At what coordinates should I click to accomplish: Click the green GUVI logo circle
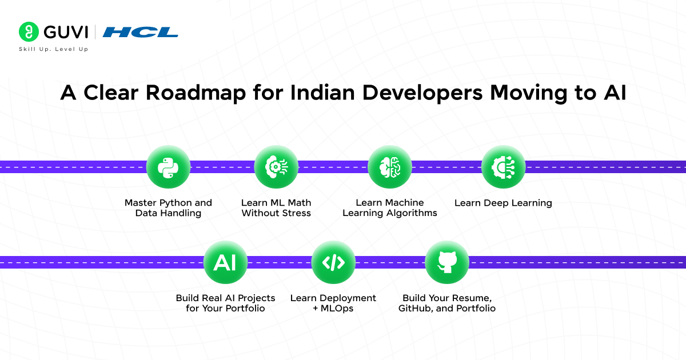pos(29,31)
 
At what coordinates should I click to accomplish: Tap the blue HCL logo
pos(140,32)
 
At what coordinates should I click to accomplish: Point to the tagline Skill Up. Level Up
pos(54,49)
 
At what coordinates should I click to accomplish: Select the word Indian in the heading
pos(322,93)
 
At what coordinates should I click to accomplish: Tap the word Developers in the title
pos(422,93)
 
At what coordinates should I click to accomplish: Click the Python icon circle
pos(168,167)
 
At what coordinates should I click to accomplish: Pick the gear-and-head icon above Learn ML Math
pos(276,167)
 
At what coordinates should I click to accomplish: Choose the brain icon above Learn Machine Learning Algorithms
pos(390,167)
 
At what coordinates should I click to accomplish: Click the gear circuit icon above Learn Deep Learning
pos(504,167)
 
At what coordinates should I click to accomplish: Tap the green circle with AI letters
pos(225,262)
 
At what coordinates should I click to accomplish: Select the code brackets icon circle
pos(333,262)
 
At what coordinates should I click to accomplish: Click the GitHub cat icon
pos(447,262)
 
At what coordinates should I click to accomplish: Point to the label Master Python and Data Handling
pos(168,208)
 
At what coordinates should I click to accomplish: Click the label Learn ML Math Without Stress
pos(276,208)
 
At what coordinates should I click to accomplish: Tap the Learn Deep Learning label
pos(503,203)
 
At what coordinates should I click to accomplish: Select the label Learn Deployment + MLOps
pos(333,303)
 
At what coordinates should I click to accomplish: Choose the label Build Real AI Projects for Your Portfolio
pos(225,303)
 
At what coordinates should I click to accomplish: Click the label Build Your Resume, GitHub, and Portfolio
pos(447,303)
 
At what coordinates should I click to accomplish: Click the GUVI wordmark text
pos(66,32)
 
